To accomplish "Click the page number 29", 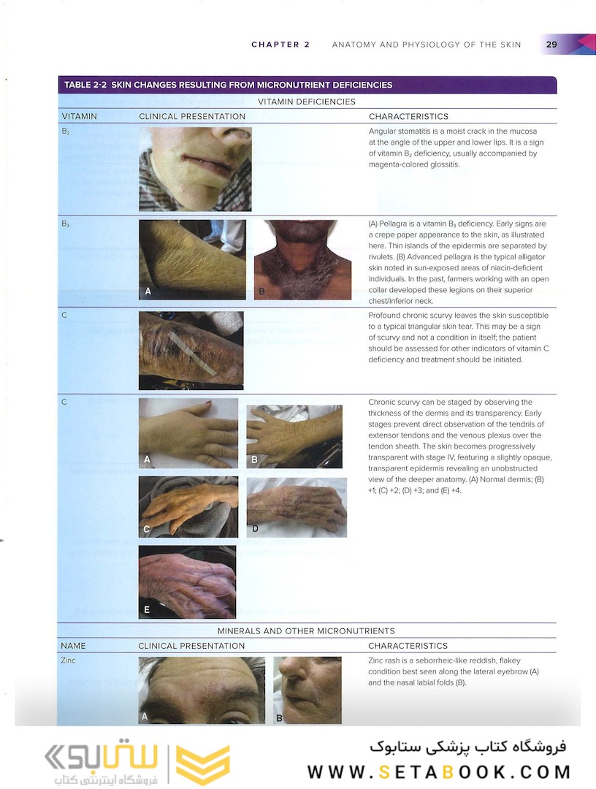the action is point(551,45).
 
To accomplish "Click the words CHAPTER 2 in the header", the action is point(280,45).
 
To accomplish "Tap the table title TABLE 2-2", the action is point(85,85).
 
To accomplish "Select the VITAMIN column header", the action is point(79,116).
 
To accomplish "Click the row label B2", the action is point(66,131).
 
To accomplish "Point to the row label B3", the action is point(66,224).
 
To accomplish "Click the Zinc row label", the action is point(68,660).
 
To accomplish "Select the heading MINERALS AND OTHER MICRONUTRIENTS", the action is point(306,631).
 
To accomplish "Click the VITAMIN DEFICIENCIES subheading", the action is point(306,102).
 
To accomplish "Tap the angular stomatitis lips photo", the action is point(195,169).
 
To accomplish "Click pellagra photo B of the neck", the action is point(303,259).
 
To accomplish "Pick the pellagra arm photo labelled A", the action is point(192,259).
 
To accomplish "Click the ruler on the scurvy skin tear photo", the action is point(194,354).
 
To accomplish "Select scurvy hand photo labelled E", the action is point(187,582).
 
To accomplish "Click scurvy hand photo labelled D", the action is point(297,508).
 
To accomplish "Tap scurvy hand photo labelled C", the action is point(188,507).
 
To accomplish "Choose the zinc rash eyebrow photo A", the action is point(202,690).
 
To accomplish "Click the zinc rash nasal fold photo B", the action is point(307,690).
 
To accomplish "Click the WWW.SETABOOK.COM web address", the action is point(439,772).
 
